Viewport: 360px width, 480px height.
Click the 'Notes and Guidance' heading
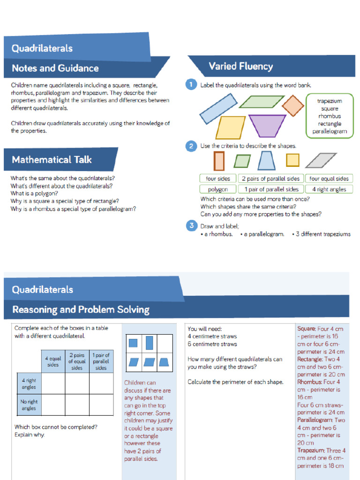pyautogui.click(x=55, y=68)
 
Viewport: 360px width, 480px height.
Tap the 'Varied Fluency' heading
pyautogui.click(x=240, y=67)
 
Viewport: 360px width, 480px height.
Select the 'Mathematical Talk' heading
pyautogui.click(x=52, y=160)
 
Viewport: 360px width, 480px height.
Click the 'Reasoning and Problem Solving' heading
pyautogui.click(x=81, y=310)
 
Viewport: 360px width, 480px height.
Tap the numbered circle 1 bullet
pyautogui.click(x=191, y=85)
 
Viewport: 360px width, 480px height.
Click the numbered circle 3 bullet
pyautogui.click(x=191, y=226)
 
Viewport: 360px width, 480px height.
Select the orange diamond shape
pyautogui.click(x=293, y=105)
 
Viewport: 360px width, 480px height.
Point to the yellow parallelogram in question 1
pyautogui.click(x=230, y=127)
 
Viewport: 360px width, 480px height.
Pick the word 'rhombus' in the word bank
pyautogui.click(x=330, y=116)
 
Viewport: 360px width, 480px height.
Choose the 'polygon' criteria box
pyautogui.click(x=217, y=189)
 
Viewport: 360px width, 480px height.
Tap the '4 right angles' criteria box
pyautogui.click(x=329, y=189)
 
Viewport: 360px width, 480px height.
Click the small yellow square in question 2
pyautogui.click(x=292, y=160)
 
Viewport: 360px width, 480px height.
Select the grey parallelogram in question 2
pyautogui.click(x=321, y=160)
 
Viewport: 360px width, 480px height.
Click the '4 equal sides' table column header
pyautogui.click(x=53, y=361)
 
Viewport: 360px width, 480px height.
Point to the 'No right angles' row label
pyautogui.click(x=29, y=405)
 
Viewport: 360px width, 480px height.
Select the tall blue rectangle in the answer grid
pyautogui.click(x=150, y=343)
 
